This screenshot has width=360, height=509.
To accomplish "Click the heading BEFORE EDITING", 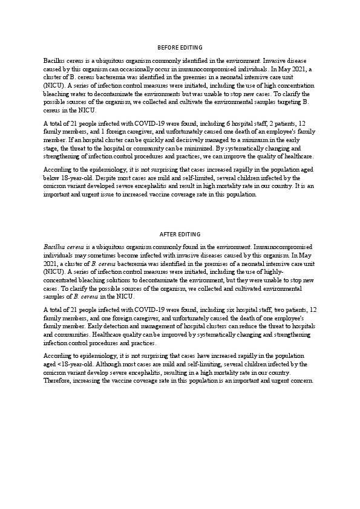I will pos(180,47).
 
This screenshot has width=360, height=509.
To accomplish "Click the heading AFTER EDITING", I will pos(180,234).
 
